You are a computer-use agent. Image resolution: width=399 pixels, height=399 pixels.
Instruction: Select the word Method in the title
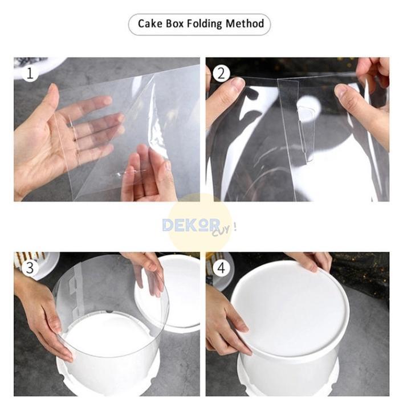pos(245,24)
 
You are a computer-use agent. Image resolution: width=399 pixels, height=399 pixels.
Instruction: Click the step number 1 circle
pos(30,74)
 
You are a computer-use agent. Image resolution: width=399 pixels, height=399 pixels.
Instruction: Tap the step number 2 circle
pos(221,74)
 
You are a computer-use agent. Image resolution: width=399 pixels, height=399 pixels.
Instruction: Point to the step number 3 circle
pos(30,267)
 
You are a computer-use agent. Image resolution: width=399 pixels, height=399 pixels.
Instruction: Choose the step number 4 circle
pos(221,267)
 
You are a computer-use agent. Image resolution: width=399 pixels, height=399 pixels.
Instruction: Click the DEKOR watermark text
pos(191,225)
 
